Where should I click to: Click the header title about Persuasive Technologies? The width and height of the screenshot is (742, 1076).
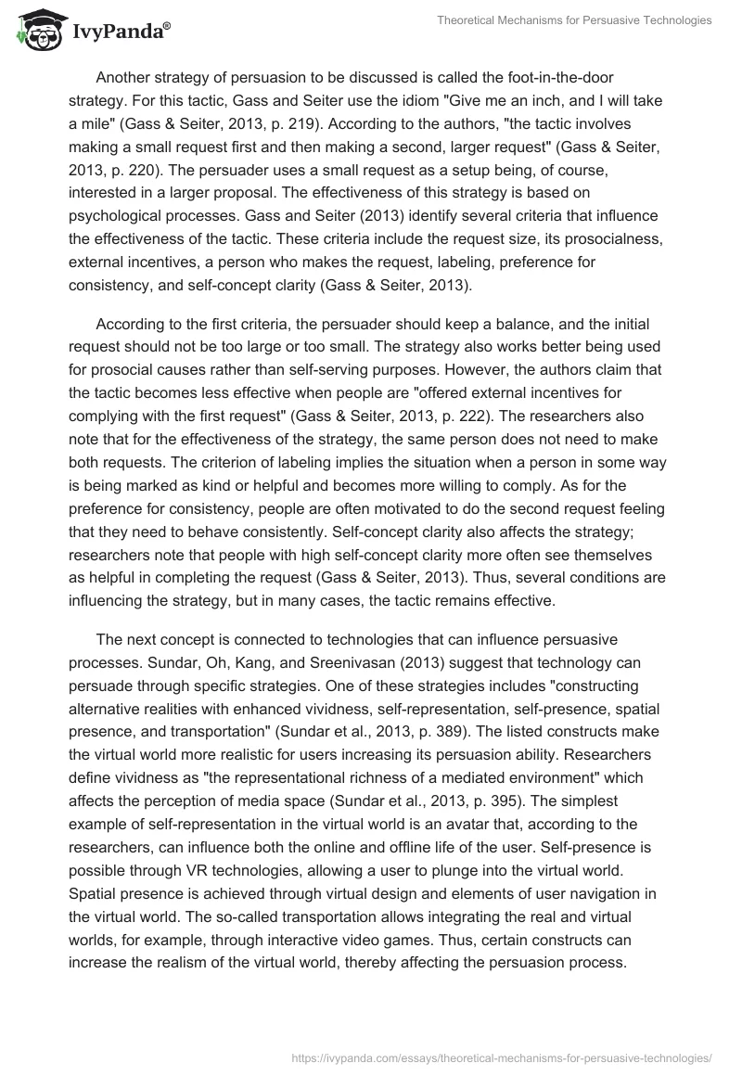tap(574, 20)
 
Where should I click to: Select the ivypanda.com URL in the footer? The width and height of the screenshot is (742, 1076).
tap(502, 1057)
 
